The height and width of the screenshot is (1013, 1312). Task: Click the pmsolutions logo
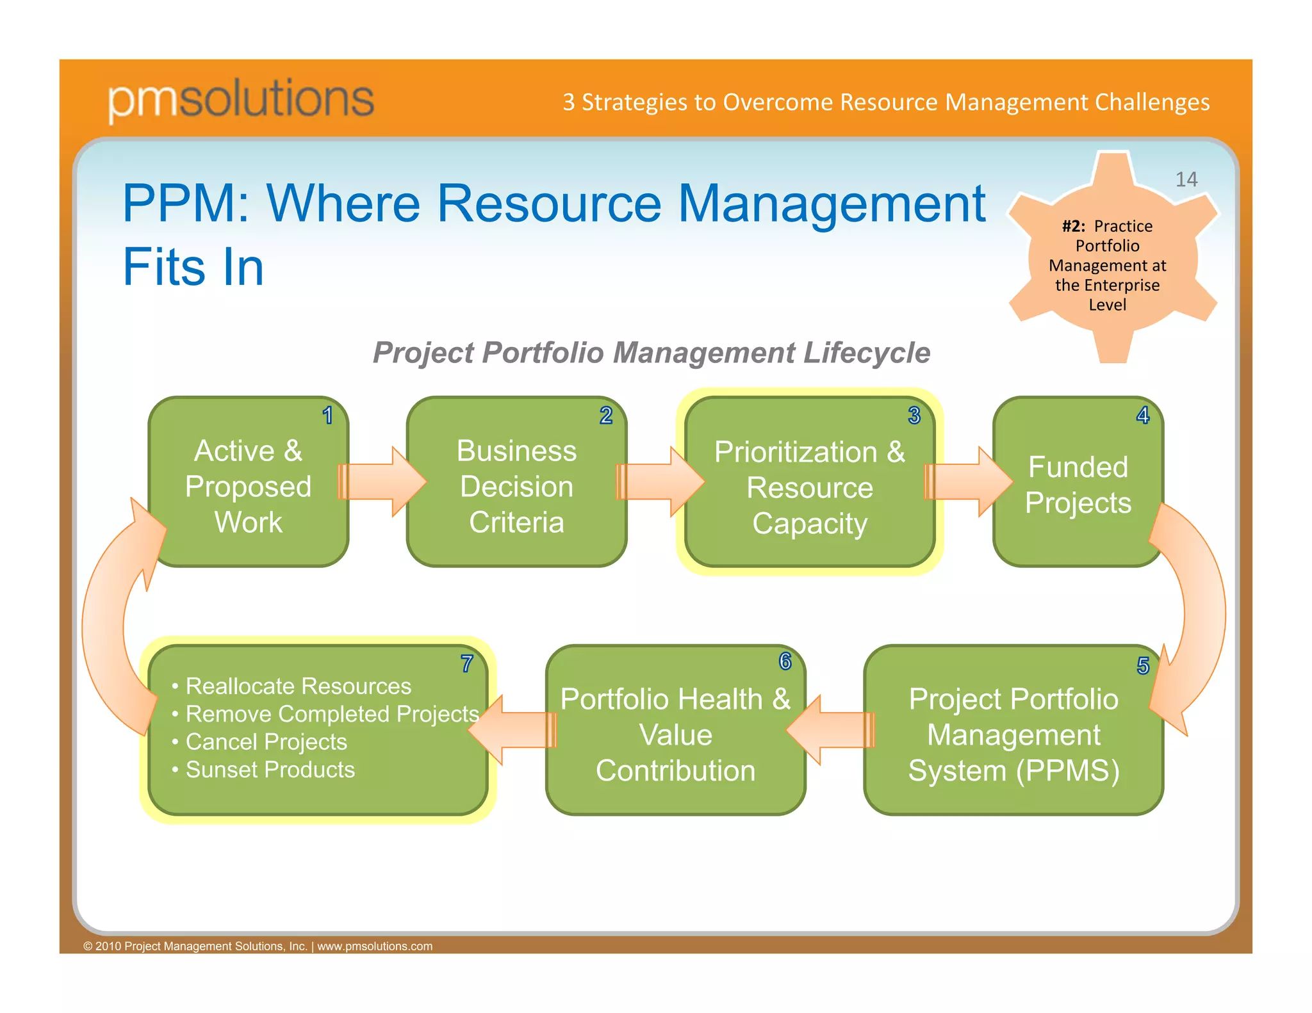(240, 99)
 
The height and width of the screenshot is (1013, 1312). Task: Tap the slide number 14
(1186, 179)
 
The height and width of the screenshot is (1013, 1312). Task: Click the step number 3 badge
(914, 416)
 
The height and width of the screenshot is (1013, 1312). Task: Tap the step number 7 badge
(467, 664)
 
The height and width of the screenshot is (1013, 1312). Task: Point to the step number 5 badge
(1143, 666)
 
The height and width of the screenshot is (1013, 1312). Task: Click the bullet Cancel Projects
(266, 742)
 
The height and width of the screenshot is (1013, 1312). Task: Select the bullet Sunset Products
(270, 770)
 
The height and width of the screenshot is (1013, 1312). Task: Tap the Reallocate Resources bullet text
(298, 686)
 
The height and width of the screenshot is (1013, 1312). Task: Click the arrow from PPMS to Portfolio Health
(832, 730)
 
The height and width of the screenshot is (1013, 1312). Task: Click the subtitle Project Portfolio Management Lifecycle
(651, 353)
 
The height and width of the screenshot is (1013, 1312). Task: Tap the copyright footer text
(258, 946)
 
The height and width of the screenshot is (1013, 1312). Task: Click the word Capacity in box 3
(810, 524)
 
